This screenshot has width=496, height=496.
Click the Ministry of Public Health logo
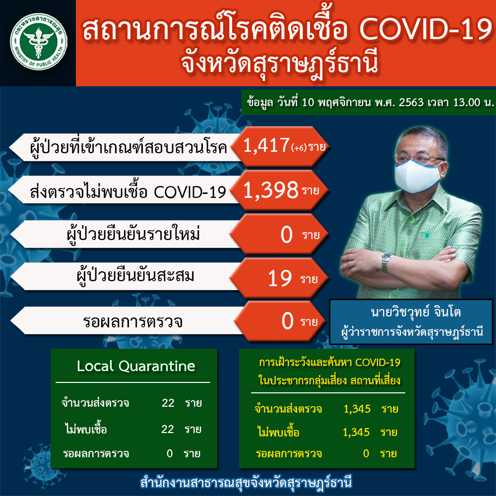(x=39, y=42)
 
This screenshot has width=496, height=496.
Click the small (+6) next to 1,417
(x=299, y=148)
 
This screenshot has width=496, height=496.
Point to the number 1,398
(x=270, y=190)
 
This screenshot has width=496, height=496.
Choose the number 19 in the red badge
(x=280, y=279)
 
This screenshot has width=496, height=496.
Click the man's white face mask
(x=417, y=176)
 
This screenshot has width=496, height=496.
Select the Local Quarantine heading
(x=136, y=366)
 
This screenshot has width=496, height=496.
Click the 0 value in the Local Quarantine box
(x=170, y=454)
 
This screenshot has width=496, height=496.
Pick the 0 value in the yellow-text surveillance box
(x=366, y=454)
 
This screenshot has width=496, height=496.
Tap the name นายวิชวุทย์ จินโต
(x=416, y=312)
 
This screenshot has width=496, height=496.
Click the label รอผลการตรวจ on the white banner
(x=132, y=322)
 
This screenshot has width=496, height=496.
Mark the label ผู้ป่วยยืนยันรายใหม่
(x=133, y=235)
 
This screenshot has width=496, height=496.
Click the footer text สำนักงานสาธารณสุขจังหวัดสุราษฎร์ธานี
(x=246, y=483)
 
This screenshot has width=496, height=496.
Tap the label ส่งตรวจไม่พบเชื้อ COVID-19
(x=128, y=191)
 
